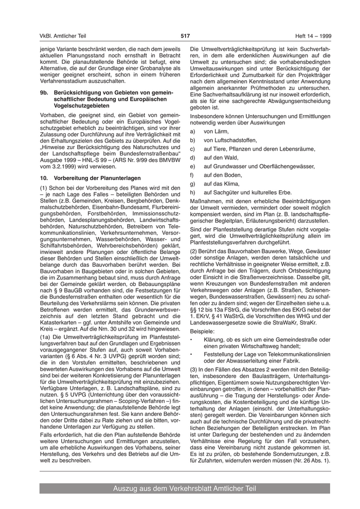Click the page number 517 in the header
185,35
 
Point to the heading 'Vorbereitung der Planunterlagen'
94,178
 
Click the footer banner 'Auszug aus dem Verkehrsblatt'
185,488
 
